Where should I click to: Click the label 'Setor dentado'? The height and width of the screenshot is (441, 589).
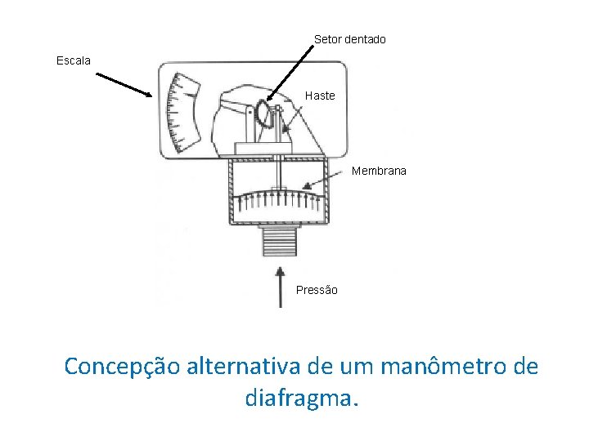pyautogui.click(x=349, y=39)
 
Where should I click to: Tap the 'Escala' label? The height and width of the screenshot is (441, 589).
pyautogui.click(x=74, y=60)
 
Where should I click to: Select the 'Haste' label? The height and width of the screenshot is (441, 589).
pyautogui.click(x=320, y=96)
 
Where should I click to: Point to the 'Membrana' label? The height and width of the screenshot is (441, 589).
pyautogui.click(x=379, y=171)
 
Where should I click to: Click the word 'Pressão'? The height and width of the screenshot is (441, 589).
pyautogui.click(x=317, y=290)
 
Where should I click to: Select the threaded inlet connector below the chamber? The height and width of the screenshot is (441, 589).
pyautogui.click(x=279, y=242)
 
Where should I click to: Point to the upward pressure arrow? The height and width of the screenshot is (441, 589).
pyautogui.click(x=281, y=286)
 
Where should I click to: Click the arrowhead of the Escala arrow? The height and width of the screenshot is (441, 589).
pyautogui.click(x=149, y=95)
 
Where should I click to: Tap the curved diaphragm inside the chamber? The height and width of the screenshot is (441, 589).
pyautogui.click(x=278, y=197)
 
